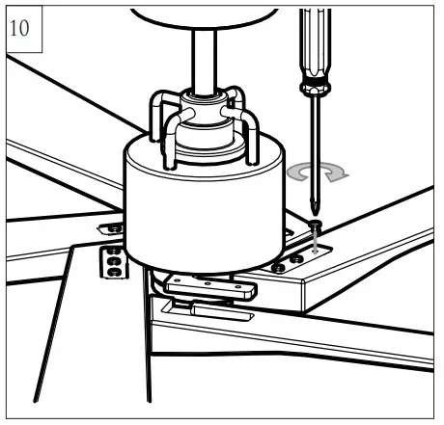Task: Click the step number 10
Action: click(x=19, y=28)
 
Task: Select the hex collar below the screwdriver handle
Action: click(x=315, y=87)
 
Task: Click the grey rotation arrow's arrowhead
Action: click(x=336, y=175)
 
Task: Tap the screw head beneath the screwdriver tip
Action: click(x=316, y=224)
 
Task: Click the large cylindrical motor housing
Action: click(x=205, y=205)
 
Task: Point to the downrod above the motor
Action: click(x=205, y=61)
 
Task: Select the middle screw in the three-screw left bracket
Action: click(x=113, y=261)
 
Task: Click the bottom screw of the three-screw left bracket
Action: click(x=113, y=273)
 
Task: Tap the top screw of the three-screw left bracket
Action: click(x=113, y=251)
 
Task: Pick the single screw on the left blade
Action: click(x=115, y=228)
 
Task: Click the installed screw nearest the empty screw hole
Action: click(x=296, y=258)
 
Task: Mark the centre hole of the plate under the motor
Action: click(x=208, y=283)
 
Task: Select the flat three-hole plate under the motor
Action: click(x=210, y=286)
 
